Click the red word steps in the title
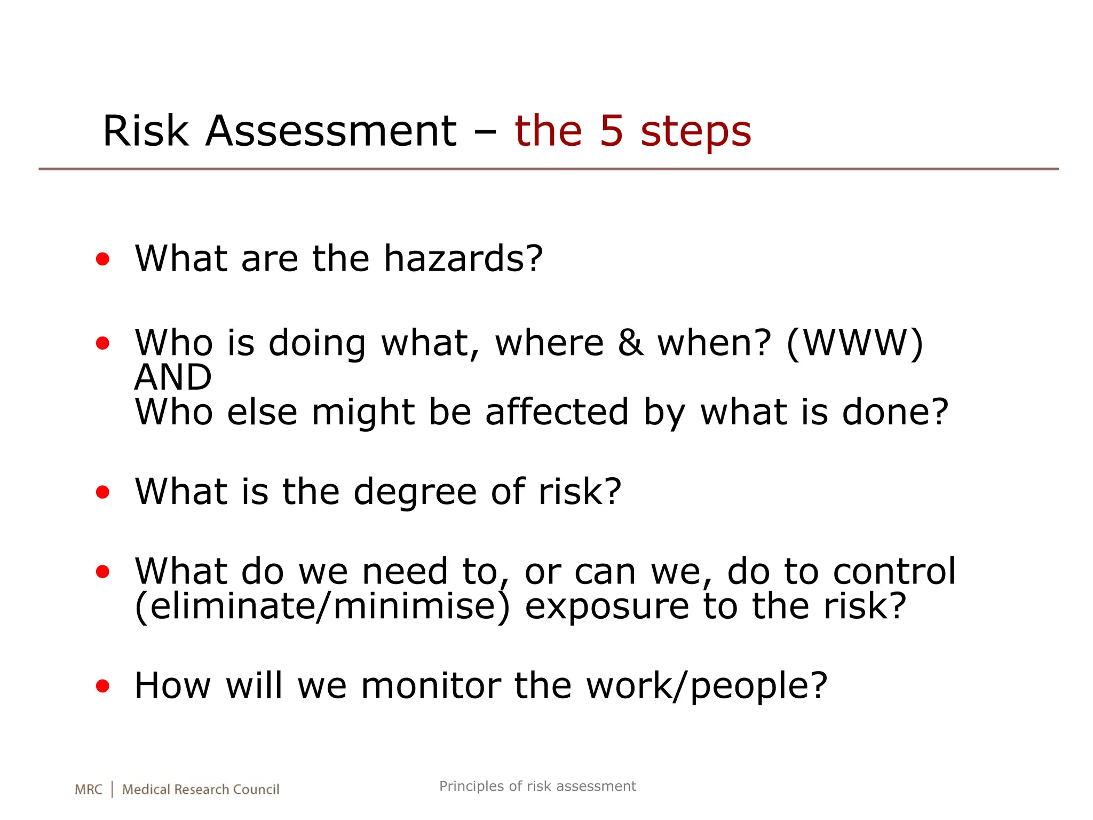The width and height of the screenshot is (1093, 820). pos(696,132)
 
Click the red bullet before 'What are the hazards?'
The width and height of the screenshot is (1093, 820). pos(102,259)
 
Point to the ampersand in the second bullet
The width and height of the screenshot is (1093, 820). pos(630,343)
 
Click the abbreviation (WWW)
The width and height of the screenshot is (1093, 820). pos(855,343)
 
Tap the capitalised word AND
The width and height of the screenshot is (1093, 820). pos(173,377)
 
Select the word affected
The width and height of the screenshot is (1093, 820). pos(557,412)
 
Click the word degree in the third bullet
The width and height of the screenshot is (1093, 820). pos(415,492)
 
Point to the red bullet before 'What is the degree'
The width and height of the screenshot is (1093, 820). pos(102,492)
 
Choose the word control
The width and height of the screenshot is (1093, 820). pos(894,571)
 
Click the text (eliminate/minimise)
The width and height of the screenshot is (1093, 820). pos(322,606)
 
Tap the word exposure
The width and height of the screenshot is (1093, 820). pos(607,608)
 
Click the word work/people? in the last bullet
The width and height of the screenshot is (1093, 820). pos(707,687)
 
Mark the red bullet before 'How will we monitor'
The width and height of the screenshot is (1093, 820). pos(102,686)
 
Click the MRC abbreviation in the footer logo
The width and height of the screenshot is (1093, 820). pos(88,790)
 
